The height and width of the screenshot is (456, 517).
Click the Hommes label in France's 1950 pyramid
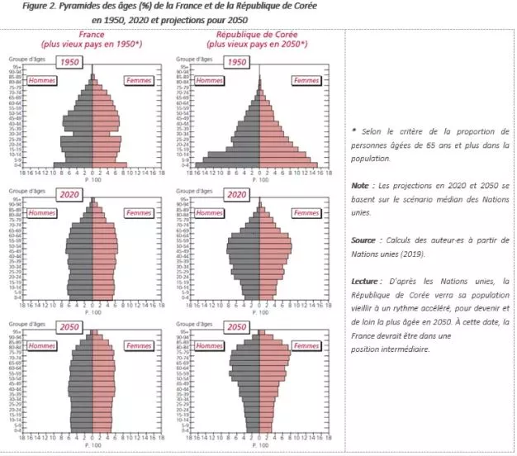(x=41, y=80)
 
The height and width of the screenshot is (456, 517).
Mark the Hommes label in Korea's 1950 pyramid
(x=209, y=80)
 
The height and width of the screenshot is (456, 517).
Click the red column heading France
(x=92, y=36)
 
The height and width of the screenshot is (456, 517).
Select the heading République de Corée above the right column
(x=255, y=36)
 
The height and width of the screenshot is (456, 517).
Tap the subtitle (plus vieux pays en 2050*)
(x=255, y=45)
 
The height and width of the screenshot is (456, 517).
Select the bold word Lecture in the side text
(x=368, y=280)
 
